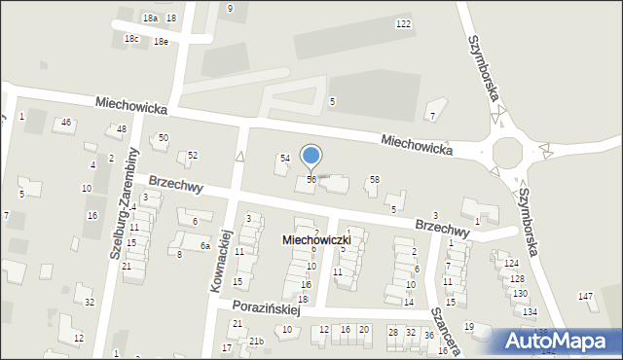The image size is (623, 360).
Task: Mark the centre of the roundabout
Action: pos(507,152)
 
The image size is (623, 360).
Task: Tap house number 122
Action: pos(403,23)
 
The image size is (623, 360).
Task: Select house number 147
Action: pos(585,296)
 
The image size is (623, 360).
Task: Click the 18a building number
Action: pos(149,18)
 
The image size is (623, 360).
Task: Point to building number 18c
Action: pos(131,39)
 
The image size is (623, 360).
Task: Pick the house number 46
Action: pos(66,122)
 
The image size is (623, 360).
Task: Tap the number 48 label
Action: pos(122,129)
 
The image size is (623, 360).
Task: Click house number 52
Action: pos(193,155)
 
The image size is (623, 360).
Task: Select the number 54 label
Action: pos(285,158)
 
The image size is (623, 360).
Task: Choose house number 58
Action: pos(374,179)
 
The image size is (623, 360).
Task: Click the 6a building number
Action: pos(205,246)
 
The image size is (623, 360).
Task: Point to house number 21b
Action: pos(256,341)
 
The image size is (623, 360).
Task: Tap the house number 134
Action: pos(530,311)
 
